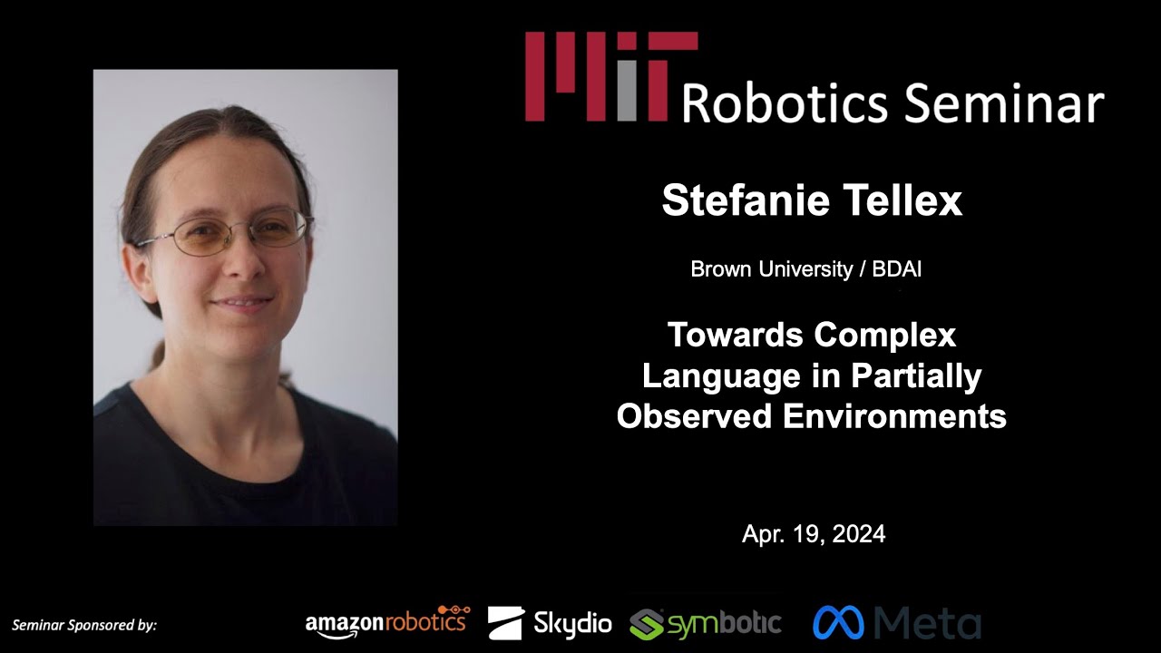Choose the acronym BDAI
tap(897, 269)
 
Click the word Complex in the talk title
tap(884, 336)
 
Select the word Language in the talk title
tap(712, 376)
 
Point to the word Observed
tap(695, 416)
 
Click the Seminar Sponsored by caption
tap(84, 625)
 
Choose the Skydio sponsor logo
tap(550, 623)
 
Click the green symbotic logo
tap(706, 623)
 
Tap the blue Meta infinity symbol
tap(838, 623)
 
